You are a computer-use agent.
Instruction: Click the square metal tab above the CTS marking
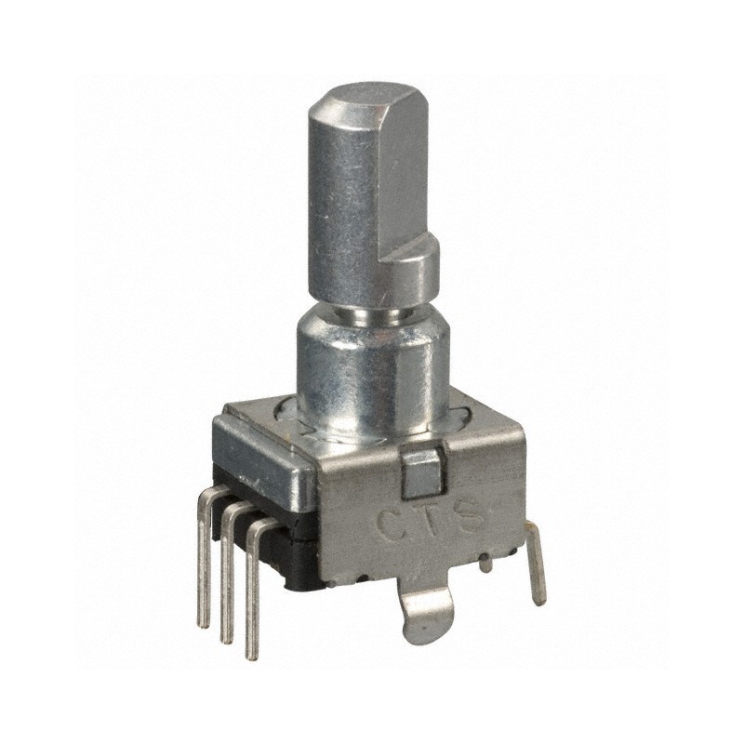click(x=422, y=471)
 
